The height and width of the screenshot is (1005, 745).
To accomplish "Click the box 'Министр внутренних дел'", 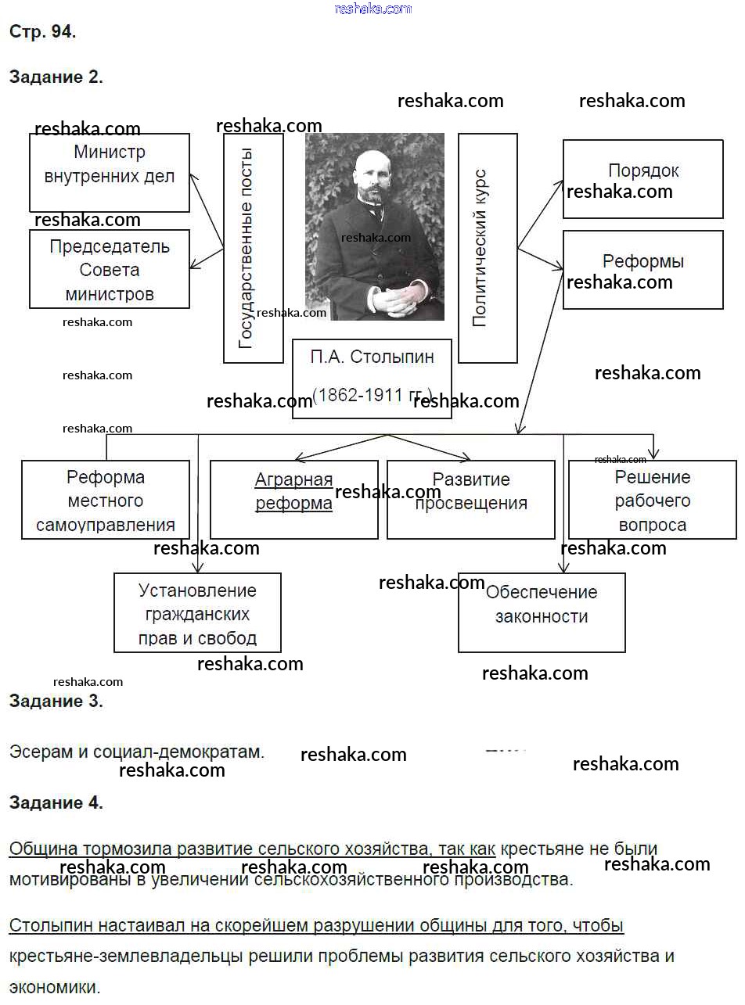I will [x=110, y=172].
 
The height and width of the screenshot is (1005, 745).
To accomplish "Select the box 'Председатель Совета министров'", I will [x=110, y=269].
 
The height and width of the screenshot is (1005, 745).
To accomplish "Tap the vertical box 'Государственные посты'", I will [x=253, y=249].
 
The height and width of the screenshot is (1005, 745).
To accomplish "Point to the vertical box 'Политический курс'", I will [x=488, y=249].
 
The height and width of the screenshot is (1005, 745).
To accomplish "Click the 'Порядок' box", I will [x=643, y=178].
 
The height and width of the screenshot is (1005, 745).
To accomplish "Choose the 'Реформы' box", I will [x=643, y=269].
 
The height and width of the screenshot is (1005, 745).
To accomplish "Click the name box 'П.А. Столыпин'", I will [x=372, y=379].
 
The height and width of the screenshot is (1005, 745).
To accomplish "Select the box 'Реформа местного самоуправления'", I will [x=106, y=500].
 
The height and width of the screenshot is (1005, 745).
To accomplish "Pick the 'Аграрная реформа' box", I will [x=293, y=500].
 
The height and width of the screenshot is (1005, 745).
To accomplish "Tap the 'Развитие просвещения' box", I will [x=471, y=500].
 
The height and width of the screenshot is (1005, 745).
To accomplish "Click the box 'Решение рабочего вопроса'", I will [x=652, y=500].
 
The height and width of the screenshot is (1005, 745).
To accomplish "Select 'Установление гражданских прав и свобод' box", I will [x=197, y=613].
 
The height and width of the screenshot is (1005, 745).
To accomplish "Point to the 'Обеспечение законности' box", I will [x=542, y=613].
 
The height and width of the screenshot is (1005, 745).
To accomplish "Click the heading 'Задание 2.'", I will [x=56, y=77].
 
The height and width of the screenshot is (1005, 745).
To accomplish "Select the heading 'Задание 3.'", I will [x=56, y=701].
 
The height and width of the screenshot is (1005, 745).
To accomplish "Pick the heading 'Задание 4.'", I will [x=56, y=802].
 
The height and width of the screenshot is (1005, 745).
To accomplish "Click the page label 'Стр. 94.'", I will [x=42, y=31].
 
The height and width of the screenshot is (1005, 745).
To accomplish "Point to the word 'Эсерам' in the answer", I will [x=41, y=752].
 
